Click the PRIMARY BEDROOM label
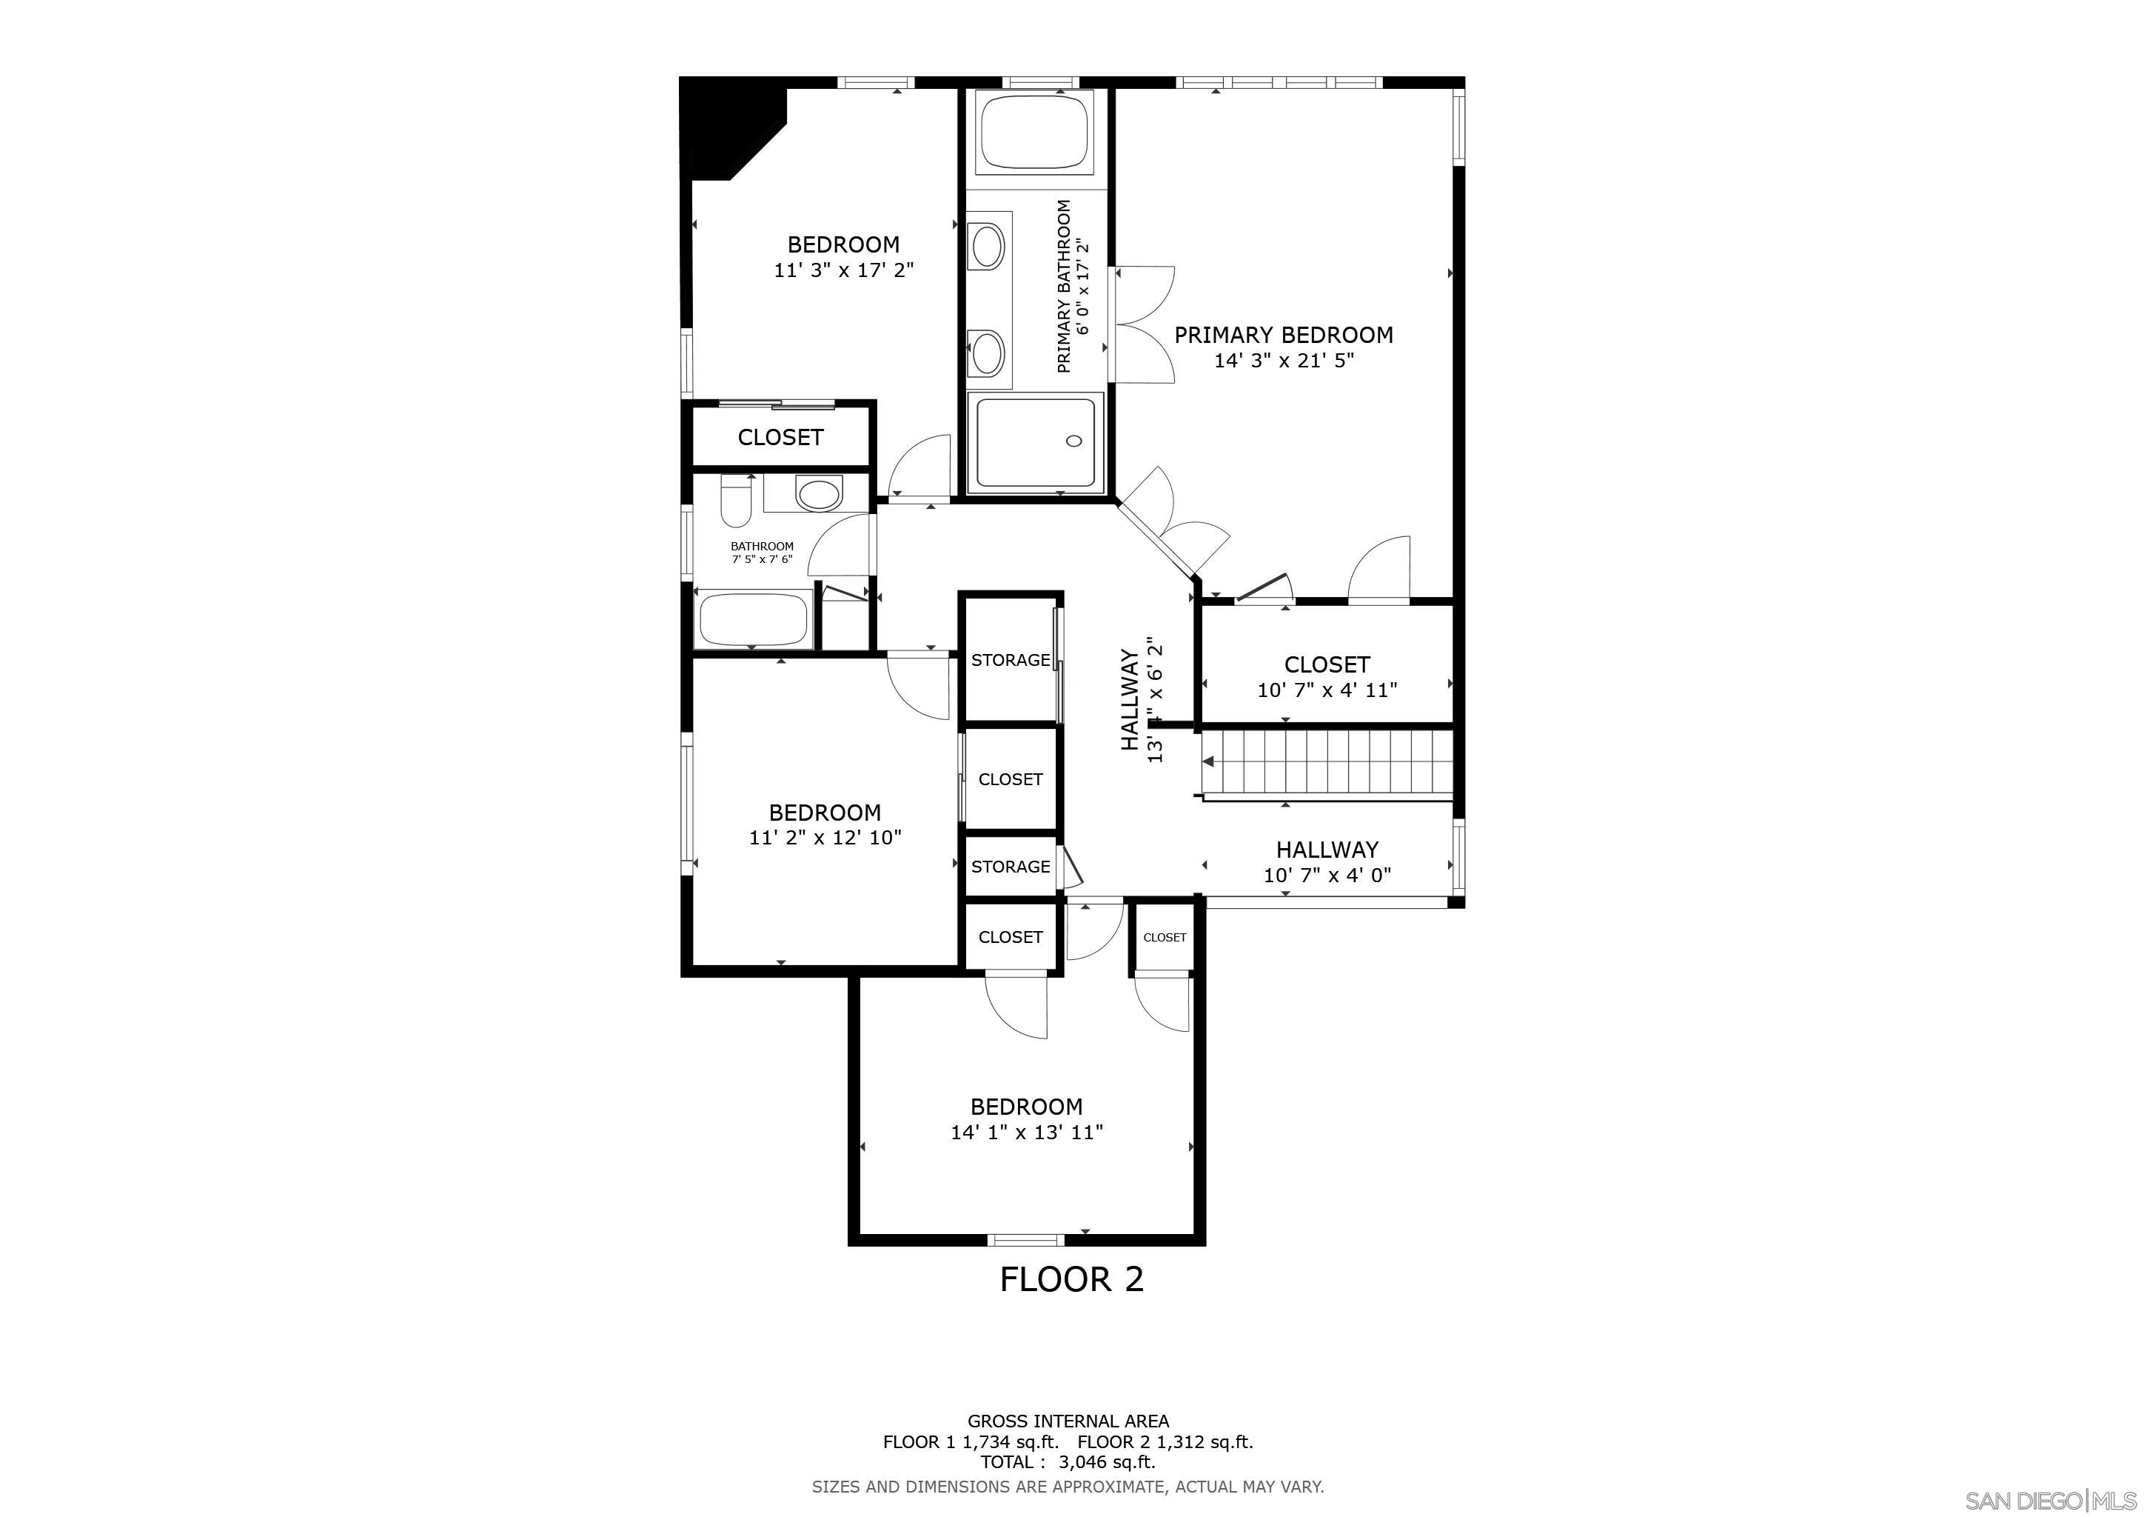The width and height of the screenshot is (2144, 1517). click(x=1283, y=334)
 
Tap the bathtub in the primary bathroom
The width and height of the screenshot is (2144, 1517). click(x=1035, y=132)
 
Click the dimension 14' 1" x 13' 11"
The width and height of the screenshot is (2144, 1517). click(x=1026, y=1132)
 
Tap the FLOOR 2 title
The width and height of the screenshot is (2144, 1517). click(x=1071, y=1278)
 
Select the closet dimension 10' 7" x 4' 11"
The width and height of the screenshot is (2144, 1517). click(x=1326, y=690)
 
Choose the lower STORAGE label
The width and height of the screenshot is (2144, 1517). click(x=1009, y=867)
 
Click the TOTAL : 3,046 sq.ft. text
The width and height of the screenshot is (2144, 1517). click(x=1068, y=1462)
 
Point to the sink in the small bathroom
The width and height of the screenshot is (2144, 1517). click(x=818, y=494)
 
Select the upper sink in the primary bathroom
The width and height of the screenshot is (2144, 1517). click(x=987, y=247)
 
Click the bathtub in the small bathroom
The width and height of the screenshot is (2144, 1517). click(x=754, y=619)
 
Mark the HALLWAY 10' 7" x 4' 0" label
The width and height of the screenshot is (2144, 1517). click(x=1326, y=862)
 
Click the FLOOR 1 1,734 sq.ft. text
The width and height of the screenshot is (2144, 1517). click(x=971, y=1441)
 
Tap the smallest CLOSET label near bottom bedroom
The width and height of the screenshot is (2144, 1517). click(x=1165, y=938)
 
